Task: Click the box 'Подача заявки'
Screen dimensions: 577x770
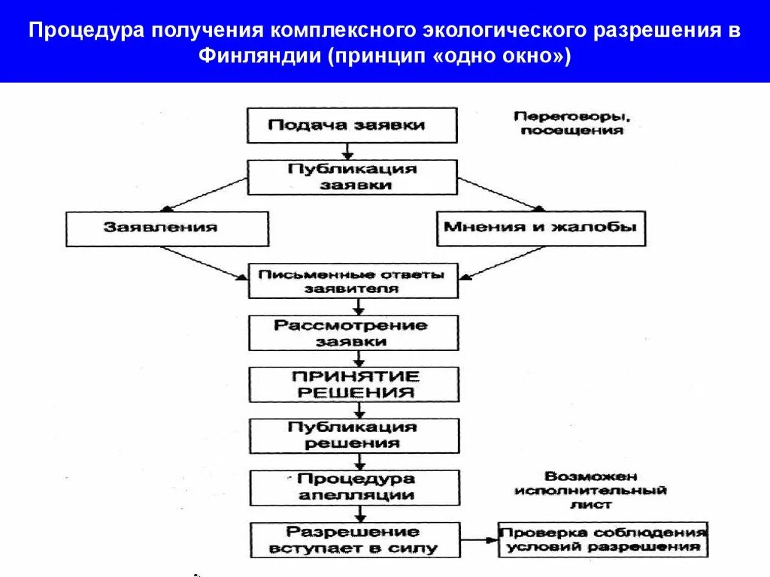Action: click(x=352, y=125)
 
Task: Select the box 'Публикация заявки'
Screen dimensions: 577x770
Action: click(x=352, y=177)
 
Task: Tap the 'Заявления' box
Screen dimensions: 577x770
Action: click(x=167, y=228)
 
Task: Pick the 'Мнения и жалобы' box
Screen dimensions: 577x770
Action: click(x=541, y=227)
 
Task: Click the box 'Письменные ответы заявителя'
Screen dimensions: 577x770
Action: click(x=352, y=280)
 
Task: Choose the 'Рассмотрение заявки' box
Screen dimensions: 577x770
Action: click(x=352, y=333)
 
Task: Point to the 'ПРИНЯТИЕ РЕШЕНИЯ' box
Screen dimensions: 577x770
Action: click(x=354, y=384)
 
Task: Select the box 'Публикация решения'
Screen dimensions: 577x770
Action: click(x=354, y=435)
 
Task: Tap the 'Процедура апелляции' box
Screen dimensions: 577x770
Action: click(x=354, y=487)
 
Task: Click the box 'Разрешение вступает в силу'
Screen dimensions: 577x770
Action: click(x=354, y=539)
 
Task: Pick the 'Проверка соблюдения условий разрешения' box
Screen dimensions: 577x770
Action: click(x=603, y=539)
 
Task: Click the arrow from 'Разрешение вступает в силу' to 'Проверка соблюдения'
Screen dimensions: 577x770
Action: click(x=479, y=539)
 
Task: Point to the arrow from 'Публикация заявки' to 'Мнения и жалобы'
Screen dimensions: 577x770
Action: click(x=500, y=195)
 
